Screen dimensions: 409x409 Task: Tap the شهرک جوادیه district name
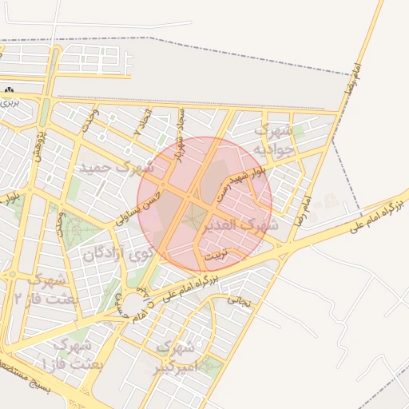[x=275, y=139]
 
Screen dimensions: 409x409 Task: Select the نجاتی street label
[x=240, y=301]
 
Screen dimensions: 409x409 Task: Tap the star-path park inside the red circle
[x=193, y=216]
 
